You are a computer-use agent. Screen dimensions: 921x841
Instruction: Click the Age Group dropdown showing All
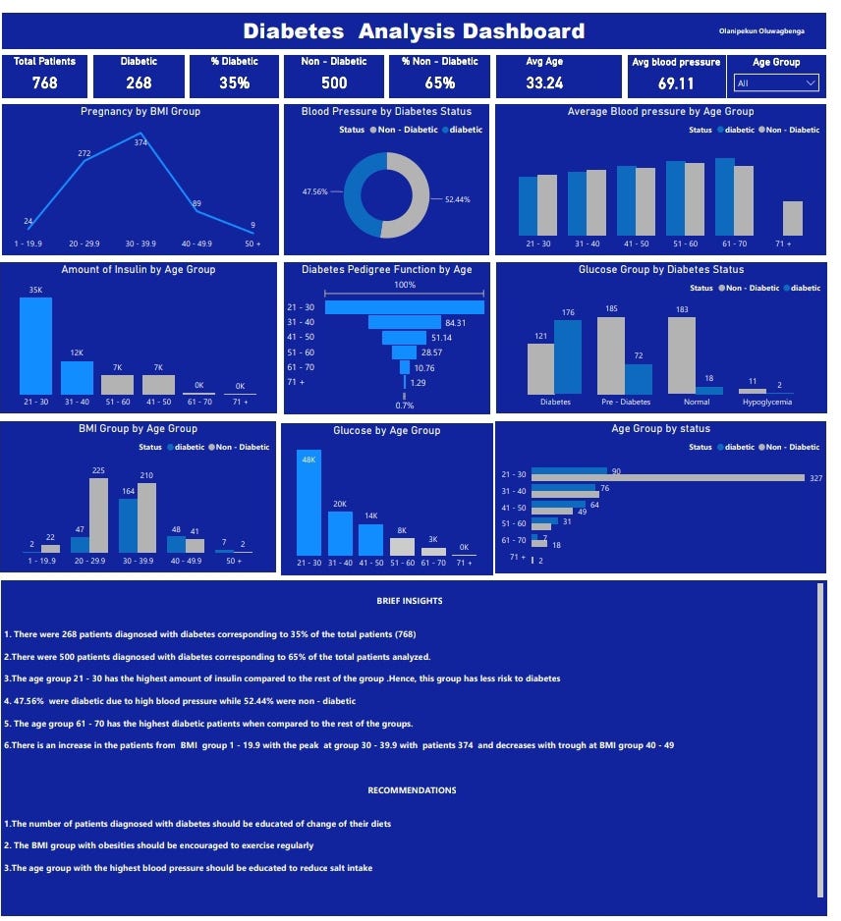point(776,83)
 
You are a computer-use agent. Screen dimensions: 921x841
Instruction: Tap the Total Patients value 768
point(44,82)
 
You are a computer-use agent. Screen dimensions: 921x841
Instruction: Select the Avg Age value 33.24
point(544,82)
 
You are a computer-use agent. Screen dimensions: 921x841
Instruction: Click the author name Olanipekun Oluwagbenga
point(761,31)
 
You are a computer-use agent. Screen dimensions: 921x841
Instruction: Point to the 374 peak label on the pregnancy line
point(140,142)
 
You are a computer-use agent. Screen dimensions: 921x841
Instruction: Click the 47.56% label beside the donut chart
point(315,191)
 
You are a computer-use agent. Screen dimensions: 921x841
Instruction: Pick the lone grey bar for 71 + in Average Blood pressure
point(793,218)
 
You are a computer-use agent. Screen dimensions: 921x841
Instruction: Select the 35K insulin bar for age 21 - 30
point(36,345)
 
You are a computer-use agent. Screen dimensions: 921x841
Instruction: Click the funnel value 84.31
point(455,322)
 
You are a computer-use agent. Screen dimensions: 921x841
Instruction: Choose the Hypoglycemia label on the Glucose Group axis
point(767,402)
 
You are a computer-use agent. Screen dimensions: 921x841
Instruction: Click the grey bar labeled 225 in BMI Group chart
point(98,515)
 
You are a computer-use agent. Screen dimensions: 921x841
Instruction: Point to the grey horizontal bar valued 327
point(668,477)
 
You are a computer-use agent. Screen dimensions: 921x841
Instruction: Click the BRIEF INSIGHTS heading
point(410,600)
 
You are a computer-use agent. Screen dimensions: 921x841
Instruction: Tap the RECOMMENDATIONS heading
point(412,789)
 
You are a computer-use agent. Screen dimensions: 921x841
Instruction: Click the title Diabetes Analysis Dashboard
point(414,31)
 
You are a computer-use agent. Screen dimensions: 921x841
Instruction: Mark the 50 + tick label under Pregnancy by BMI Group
point(252,243)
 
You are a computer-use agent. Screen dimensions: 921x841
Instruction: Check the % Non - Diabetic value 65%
point(440,82)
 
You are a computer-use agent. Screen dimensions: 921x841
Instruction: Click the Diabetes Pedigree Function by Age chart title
point(386,269)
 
